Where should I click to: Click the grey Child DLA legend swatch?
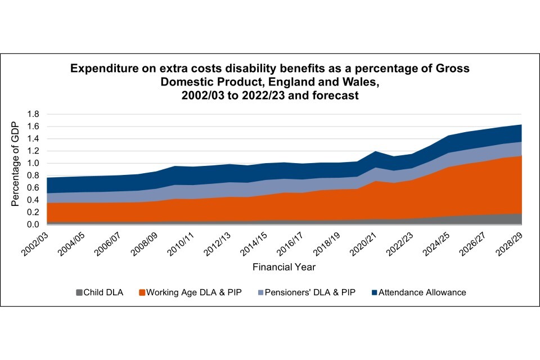[80, 292]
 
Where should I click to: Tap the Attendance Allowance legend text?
[422, 292]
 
